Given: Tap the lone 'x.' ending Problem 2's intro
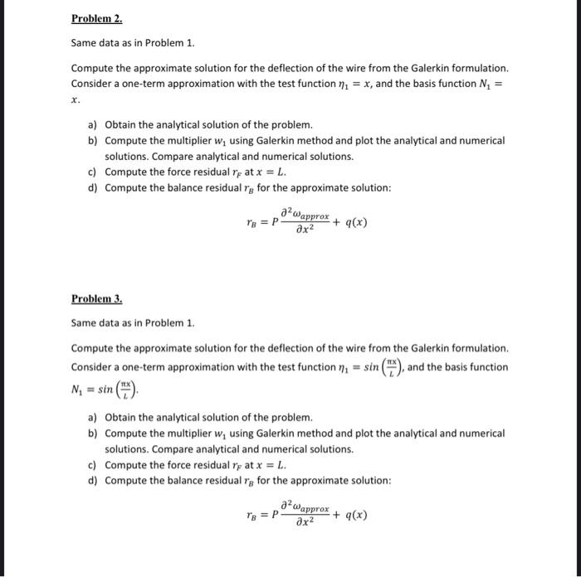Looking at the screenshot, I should pyautogui.click(x=75, y=98).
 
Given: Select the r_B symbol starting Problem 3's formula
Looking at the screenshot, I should pyautogui.click(x=252, y=515).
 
